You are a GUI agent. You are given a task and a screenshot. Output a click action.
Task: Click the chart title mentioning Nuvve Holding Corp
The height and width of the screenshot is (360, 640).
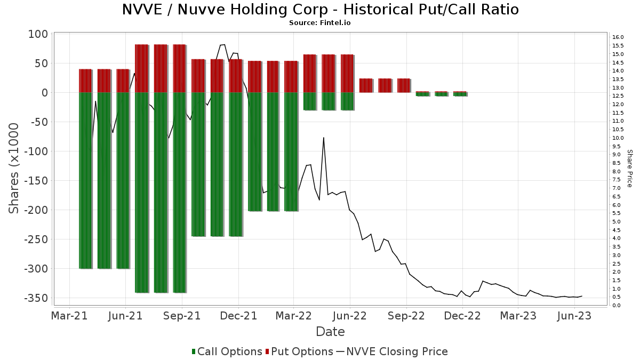pyautogui.click(x=320, y=10)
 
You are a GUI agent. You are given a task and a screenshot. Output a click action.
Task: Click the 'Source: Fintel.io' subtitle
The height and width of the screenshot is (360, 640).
pyautogui.click(x=320, y=23)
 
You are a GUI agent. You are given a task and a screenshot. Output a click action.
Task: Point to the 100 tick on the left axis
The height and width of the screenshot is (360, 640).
pyautogui.click(x=39, y=34)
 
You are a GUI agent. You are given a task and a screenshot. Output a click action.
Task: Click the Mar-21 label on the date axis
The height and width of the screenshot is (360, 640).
pyautogui.click(x=69, y=316)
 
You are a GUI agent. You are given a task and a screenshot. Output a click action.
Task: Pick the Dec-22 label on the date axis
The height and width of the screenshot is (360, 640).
pyautogui.click(x=462, y=316)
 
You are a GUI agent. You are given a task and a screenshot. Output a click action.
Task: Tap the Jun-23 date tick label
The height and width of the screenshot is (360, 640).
pyautogui.click(x=574, y=316)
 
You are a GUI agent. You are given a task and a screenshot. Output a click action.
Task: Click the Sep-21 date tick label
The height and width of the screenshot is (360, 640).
pyautogui.click(x=181, y=316)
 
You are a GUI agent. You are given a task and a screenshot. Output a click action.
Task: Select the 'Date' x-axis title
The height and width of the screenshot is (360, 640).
pyautogui.click(x=330, y=332)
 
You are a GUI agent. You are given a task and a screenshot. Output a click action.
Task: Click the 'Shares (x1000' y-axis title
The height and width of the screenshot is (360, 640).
pyautogui.click(x=14, y=169)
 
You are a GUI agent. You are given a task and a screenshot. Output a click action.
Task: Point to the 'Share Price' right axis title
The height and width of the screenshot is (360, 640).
pyautogui.click(x=629, y=168)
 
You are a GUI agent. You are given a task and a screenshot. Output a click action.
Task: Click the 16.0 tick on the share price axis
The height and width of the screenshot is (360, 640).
pyautogui.click(x=618, y=37)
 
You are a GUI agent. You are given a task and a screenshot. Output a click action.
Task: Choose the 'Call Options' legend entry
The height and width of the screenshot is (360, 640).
pyautogui.click(x=227, y=351)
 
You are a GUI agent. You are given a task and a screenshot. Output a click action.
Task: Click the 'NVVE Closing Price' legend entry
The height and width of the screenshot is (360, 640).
pyautogui.click(x=392, y=351)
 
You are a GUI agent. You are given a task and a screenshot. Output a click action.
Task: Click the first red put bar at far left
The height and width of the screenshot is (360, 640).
pyautogui.click(x=85, y=81)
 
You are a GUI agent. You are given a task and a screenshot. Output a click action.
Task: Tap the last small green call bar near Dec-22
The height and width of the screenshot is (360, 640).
pyautogui.click(x=460, y=94)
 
